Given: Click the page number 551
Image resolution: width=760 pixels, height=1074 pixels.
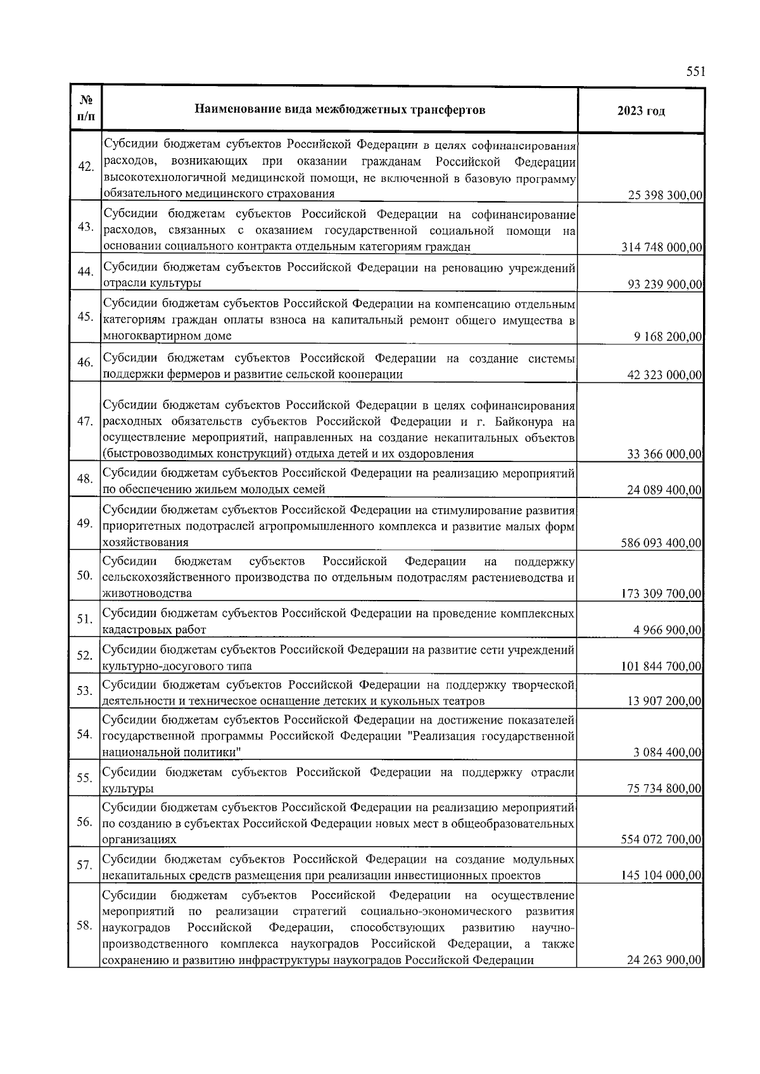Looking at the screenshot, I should click(x=695, y=72).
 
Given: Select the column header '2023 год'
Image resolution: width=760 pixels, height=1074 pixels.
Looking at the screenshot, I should click(x=641, y=111).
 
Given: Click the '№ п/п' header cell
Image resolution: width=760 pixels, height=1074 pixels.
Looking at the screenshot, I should click(x=85, y=109).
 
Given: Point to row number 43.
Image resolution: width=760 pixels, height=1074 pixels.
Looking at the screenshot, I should click(x=85, y=227).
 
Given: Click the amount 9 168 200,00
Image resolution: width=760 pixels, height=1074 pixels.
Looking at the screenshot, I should click(x=668, y=336).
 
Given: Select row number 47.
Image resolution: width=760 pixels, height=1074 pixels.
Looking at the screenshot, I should click(x=85, y=421).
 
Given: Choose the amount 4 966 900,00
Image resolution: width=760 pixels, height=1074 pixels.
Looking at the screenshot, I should click(x=668, y=630).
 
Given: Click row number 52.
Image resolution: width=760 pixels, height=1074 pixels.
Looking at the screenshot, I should click(x=85, y=655).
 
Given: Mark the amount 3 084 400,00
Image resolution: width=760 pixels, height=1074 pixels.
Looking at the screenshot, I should click(x=668, y=752).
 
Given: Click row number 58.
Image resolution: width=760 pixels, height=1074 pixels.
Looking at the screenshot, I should click(x=85, y=925).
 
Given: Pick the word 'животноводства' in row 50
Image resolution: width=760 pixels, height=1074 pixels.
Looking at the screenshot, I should click(x=147, y=594).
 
